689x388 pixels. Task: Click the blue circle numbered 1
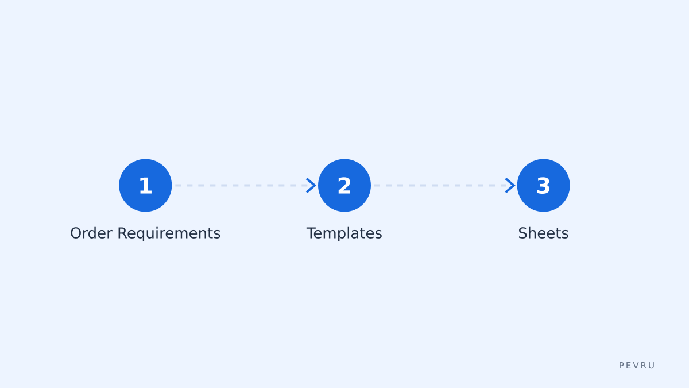pos(145,185)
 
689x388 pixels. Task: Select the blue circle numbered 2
pos(344,185)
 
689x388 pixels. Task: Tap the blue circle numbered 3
pos(544,185)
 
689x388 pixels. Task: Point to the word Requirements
pos(169,234)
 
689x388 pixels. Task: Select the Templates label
pos(344,234)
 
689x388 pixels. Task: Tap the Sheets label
pos(544,233)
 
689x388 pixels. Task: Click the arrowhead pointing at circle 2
pos(311,185)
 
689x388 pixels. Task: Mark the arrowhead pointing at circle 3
pos(510,185)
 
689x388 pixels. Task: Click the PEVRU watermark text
pos(637,366)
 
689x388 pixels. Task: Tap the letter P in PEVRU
pos(621,366)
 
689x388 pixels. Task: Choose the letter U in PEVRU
pos(652,366)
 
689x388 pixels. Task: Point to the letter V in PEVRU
pos(637,366)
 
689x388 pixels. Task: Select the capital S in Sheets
pos(523,233)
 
